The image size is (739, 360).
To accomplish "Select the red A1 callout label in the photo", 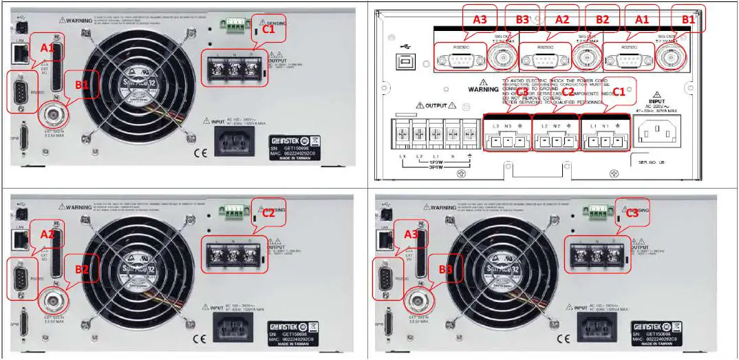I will (x=47, y=48).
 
